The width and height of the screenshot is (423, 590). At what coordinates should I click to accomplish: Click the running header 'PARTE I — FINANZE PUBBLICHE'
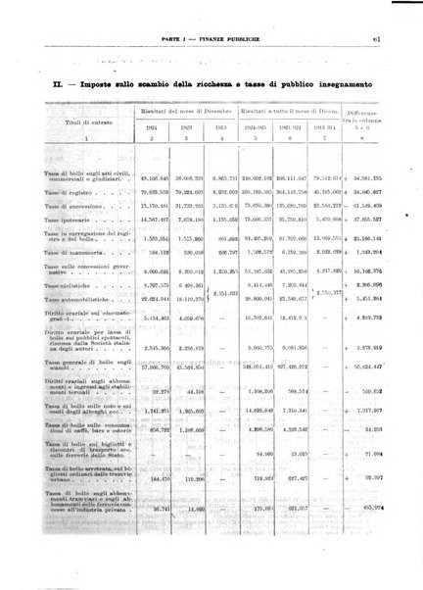click(x=211, y=39)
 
